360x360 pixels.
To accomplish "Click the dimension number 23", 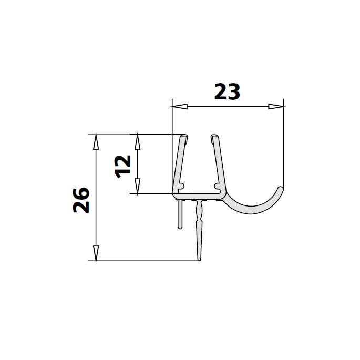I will (x=227, y=92).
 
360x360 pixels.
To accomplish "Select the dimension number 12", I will (x=122, y=166).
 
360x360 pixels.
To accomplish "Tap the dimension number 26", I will (x=81, y=200).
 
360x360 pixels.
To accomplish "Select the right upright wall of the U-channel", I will (x=218, y=163).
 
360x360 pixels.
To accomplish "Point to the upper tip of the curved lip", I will (x=281, y=188).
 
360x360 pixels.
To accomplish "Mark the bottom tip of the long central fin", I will (x=199, y=259).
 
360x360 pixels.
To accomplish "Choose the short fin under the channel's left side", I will (x=180, y=215).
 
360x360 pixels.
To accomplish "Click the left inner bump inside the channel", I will (x=182, y=186).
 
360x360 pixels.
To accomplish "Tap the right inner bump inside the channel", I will (x=215, y=186).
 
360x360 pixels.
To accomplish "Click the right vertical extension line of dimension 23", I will (x=284, y=142).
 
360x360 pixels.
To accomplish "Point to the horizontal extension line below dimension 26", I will (x=147, y=261).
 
